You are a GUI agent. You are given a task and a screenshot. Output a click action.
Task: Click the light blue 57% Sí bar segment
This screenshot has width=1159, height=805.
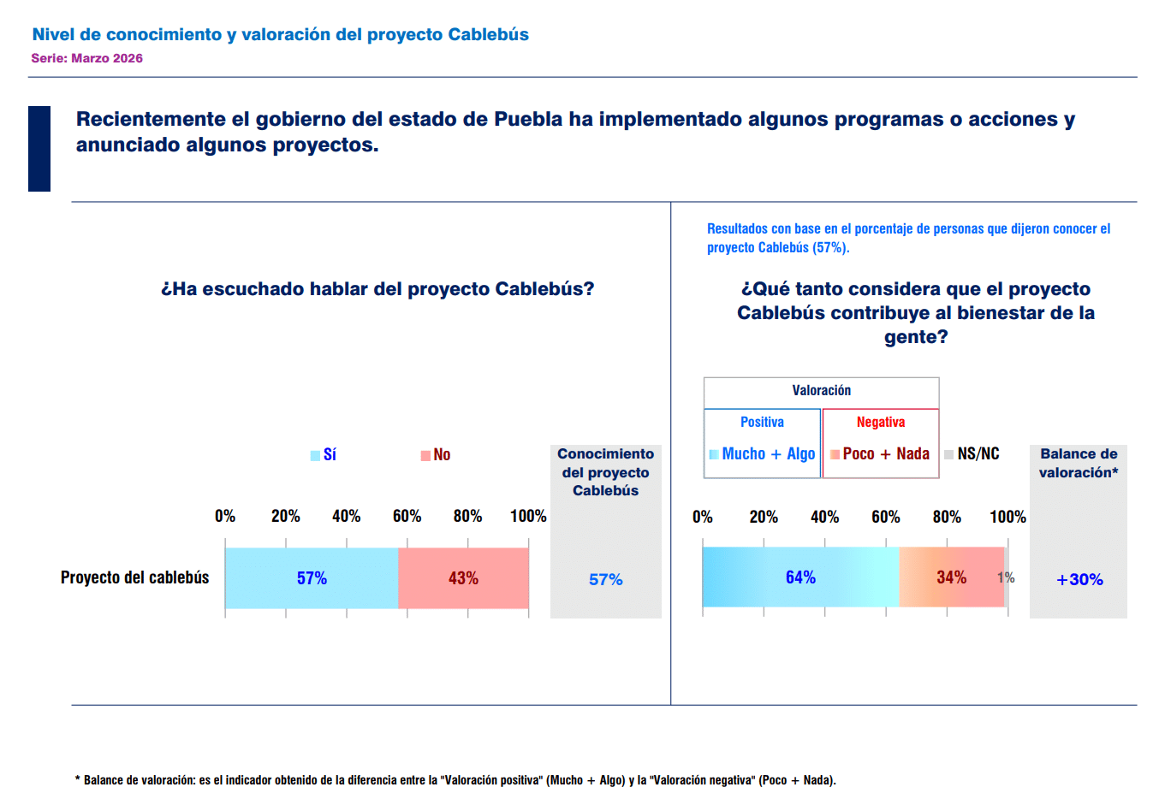point(312,578)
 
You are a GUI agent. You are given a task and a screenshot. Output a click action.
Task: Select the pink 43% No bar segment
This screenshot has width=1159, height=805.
point(463,578)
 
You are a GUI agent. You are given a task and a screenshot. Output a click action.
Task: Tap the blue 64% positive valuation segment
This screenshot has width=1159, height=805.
point(800,577)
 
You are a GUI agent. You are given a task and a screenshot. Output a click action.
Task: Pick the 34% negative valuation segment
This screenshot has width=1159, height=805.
point(951,577)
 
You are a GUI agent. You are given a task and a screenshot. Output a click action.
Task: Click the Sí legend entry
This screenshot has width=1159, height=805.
point(324,455)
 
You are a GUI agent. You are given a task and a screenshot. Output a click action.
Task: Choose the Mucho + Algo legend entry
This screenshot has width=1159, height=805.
point(762,454)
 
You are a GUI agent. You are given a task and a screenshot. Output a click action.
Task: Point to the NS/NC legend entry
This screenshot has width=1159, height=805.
point(972,454)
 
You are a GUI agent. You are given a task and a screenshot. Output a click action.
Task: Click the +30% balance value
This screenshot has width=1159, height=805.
point(1079,580)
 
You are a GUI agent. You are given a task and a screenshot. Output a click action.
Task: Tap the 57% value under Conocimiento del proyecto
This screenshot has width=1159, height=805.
point(605,580)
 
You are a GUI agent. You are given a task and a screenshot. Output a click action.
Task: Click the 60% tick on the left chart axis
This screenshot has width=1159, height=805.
point(407,517)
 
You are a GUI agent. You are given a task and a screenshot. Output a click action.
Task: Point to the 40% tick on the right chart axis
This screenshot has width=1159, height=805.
point(824,518)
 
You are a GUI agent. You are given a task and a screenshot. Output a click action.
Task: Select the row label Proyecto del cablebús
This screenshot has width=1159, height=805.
point(134,578)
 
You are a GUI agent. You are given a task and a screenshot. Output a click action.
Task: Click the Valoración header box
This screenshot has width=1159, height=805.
point(821,391)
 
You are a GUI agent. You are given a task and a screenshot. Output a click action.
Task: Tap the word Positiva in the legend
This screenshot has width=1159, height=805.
point(762,423)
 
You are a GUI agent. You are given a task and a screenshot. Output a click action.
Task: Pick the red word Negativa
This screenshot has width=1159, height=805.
point(880,423)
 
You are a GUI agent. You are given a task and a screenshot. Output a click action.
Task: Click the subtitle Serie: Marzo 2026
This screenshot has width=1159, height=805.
point(87,59)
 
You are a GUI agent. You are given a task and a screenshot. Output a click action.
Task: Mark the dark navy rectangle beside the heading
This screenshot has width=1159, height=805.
point(39,149)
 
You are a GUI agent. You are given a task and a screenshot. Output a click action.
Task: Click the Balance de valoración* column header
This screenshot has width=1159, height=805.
point(1079,463)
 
